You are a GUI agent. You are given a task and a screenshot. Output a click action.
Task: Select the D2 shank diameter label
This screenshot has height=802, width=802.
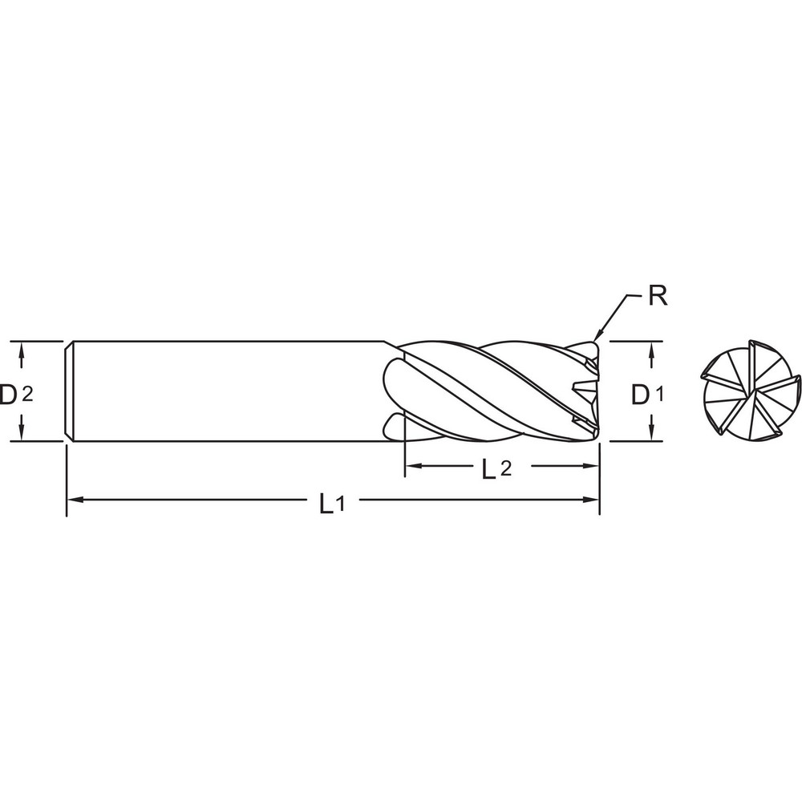click(x=16, y=395)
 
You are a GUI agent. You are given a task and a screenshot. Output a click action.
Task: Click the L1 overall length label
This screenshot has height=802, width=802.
click(x=331, y=504)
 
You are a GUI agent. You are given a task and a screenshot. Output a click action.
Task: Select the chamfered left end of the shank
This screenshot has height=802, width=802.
click(x=69, y=391)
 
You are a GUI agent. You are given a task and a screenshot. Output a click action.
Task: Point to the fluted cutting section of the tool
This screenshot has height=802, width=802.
click(x=489, y=391)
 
